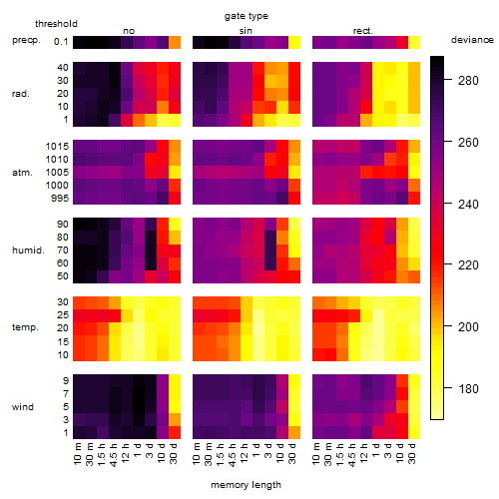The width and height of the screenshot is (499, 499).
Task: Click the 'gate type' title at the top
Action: click(247, 16)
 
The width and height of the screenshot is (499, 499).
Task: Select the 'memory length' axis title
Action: click(247, 485)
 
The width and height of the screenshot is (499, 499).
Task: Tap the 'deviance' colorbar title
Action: click(472, 40)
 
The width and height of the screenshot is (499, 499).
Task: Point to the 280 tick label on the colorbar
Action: click(468, 81)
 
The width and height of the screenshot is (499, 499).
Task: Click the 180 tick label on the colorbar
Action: click(468, 388)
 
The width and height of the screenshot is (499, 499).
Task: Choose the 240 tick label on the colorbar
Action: click(468, 204)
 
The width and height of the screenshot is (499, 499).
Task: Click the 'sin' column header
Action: click(246, 31)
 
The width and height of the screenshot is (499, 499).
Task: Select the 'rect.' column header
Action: click(363, 31)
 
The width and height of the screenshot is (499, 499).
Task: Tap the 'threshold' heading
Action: click(56, 24)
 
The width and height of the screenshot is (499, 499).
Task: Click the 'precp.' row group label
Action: click(26, 40)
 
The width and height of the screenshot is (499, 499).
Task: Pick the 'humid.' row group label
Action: click(28, 250)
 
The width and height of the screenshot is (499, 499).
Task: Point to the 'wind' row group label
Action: click(23, 407)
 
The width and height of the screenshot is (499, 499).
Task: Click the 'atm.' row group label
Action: click(22, 173)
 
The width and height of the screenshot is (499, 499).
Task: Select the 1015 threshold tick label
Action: click(57, 147)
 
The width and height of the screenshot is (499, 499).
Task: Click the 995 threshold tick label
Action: click(60, 199)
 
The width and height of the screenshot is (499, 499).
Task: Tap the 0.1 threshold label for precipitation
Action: click(61, 42)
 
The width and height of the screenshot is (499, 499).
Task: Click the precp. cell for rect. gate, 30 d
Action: click(414, 43)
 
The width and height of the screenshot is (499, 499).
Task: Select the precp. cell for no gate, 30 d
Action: click(175, 43)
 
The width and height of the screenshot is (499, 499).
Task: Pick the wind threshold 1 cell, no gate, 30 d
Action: click(175, 432)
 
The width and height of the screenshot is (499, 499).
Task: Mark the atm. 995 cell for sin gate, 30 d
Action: click(294, 198)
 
